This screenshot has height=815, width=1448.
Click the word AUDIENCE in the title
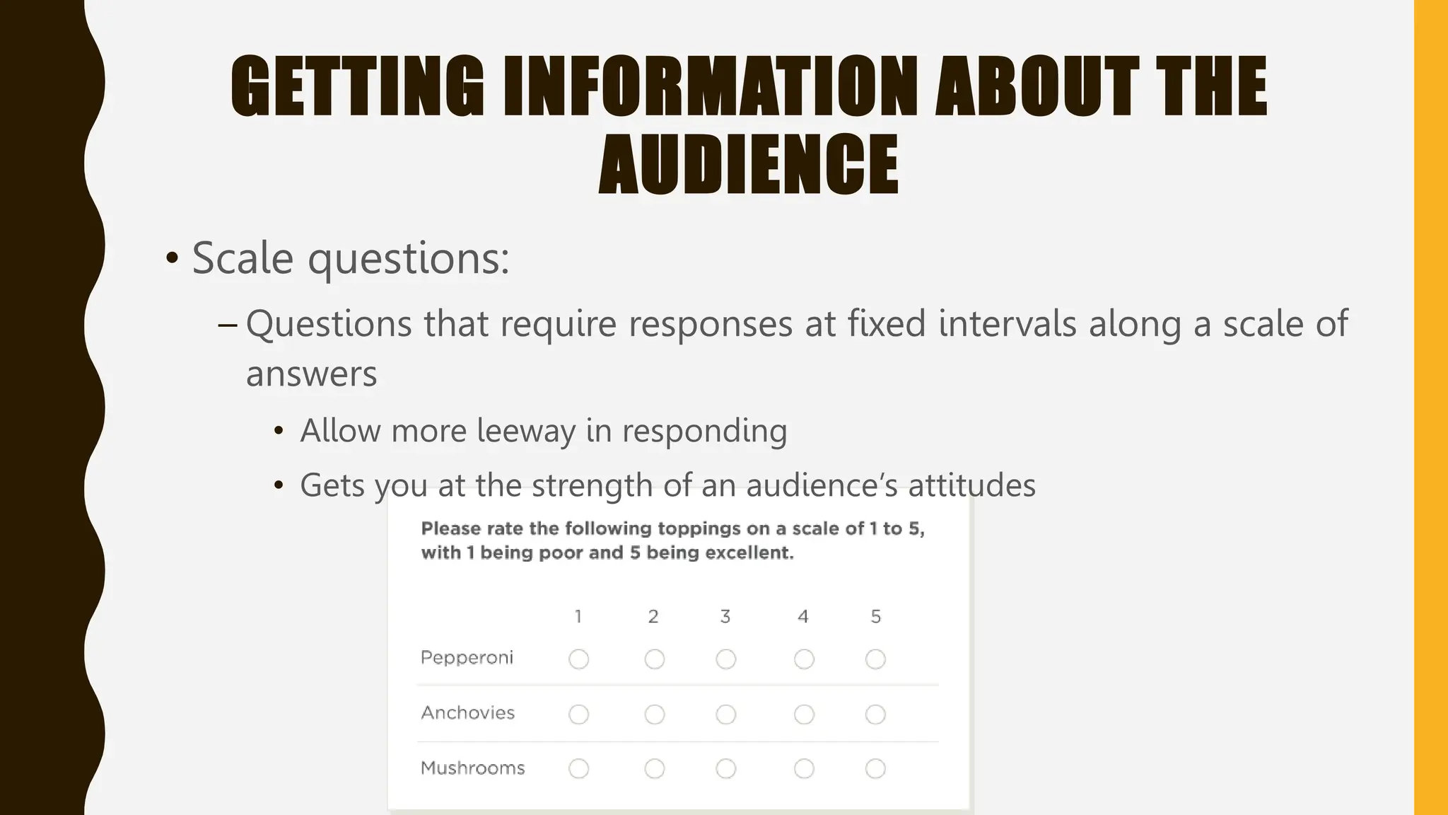749,164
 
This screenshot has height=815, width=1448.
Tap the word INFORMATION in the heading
711,86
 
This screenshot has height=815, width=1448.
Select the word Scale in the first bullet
243,258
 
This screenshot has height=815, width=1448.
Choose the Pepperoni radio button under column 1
578,659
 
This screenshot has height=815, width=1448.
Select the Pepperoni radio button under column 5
875,659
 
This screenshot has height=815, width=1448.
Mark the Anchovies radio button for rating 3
725,715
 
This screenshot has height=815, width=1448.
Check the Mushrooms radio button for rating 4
804,769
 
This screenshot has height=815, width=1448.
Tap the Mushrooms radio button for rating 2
655,769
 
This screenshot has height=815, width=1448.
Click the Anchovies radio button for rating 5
875,715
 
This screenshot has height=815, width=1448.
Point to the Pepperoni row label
467,658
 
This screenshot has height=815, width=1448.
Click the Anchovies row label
467,713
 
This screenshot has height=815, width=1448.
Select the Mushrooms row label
472,768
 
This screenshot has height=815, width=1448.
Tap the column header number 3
725,617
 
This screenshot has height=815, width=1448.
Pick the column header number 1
578,617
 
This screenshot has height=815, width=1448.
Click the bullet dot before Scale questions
172,259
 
